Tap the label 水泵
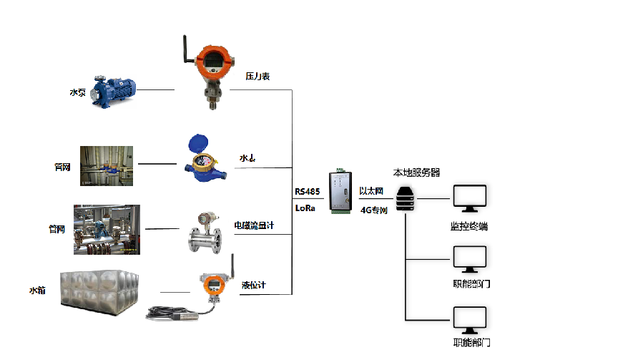[77, 92]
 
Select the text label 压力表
[257, 75]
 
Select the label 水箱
[37, 290]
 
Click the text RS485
[307, 192]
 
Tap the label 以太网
[372, 192]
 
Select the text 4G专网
[373, 210]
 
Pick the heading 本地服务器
[416, 172]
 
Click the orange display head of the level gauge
[213, 285]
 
